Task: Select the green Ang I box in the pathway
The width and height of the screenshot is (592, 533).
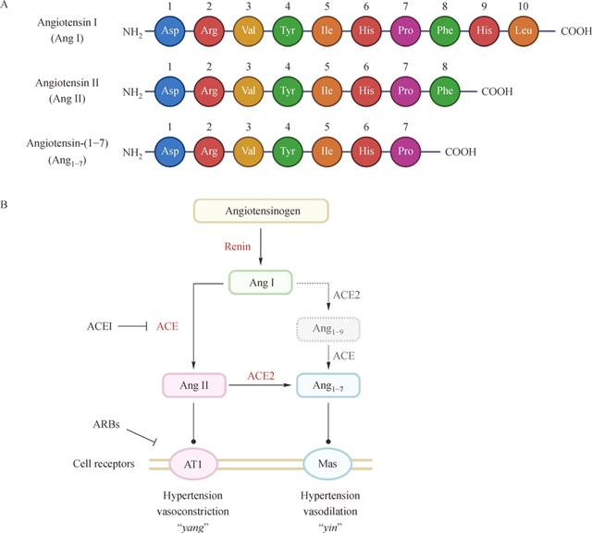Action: coord(260,281)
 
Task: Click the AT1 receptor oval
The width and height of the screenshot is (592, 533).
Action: coord(193,461)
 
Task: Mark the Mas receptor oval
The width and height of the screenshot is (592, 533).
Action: coord(327,461)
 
